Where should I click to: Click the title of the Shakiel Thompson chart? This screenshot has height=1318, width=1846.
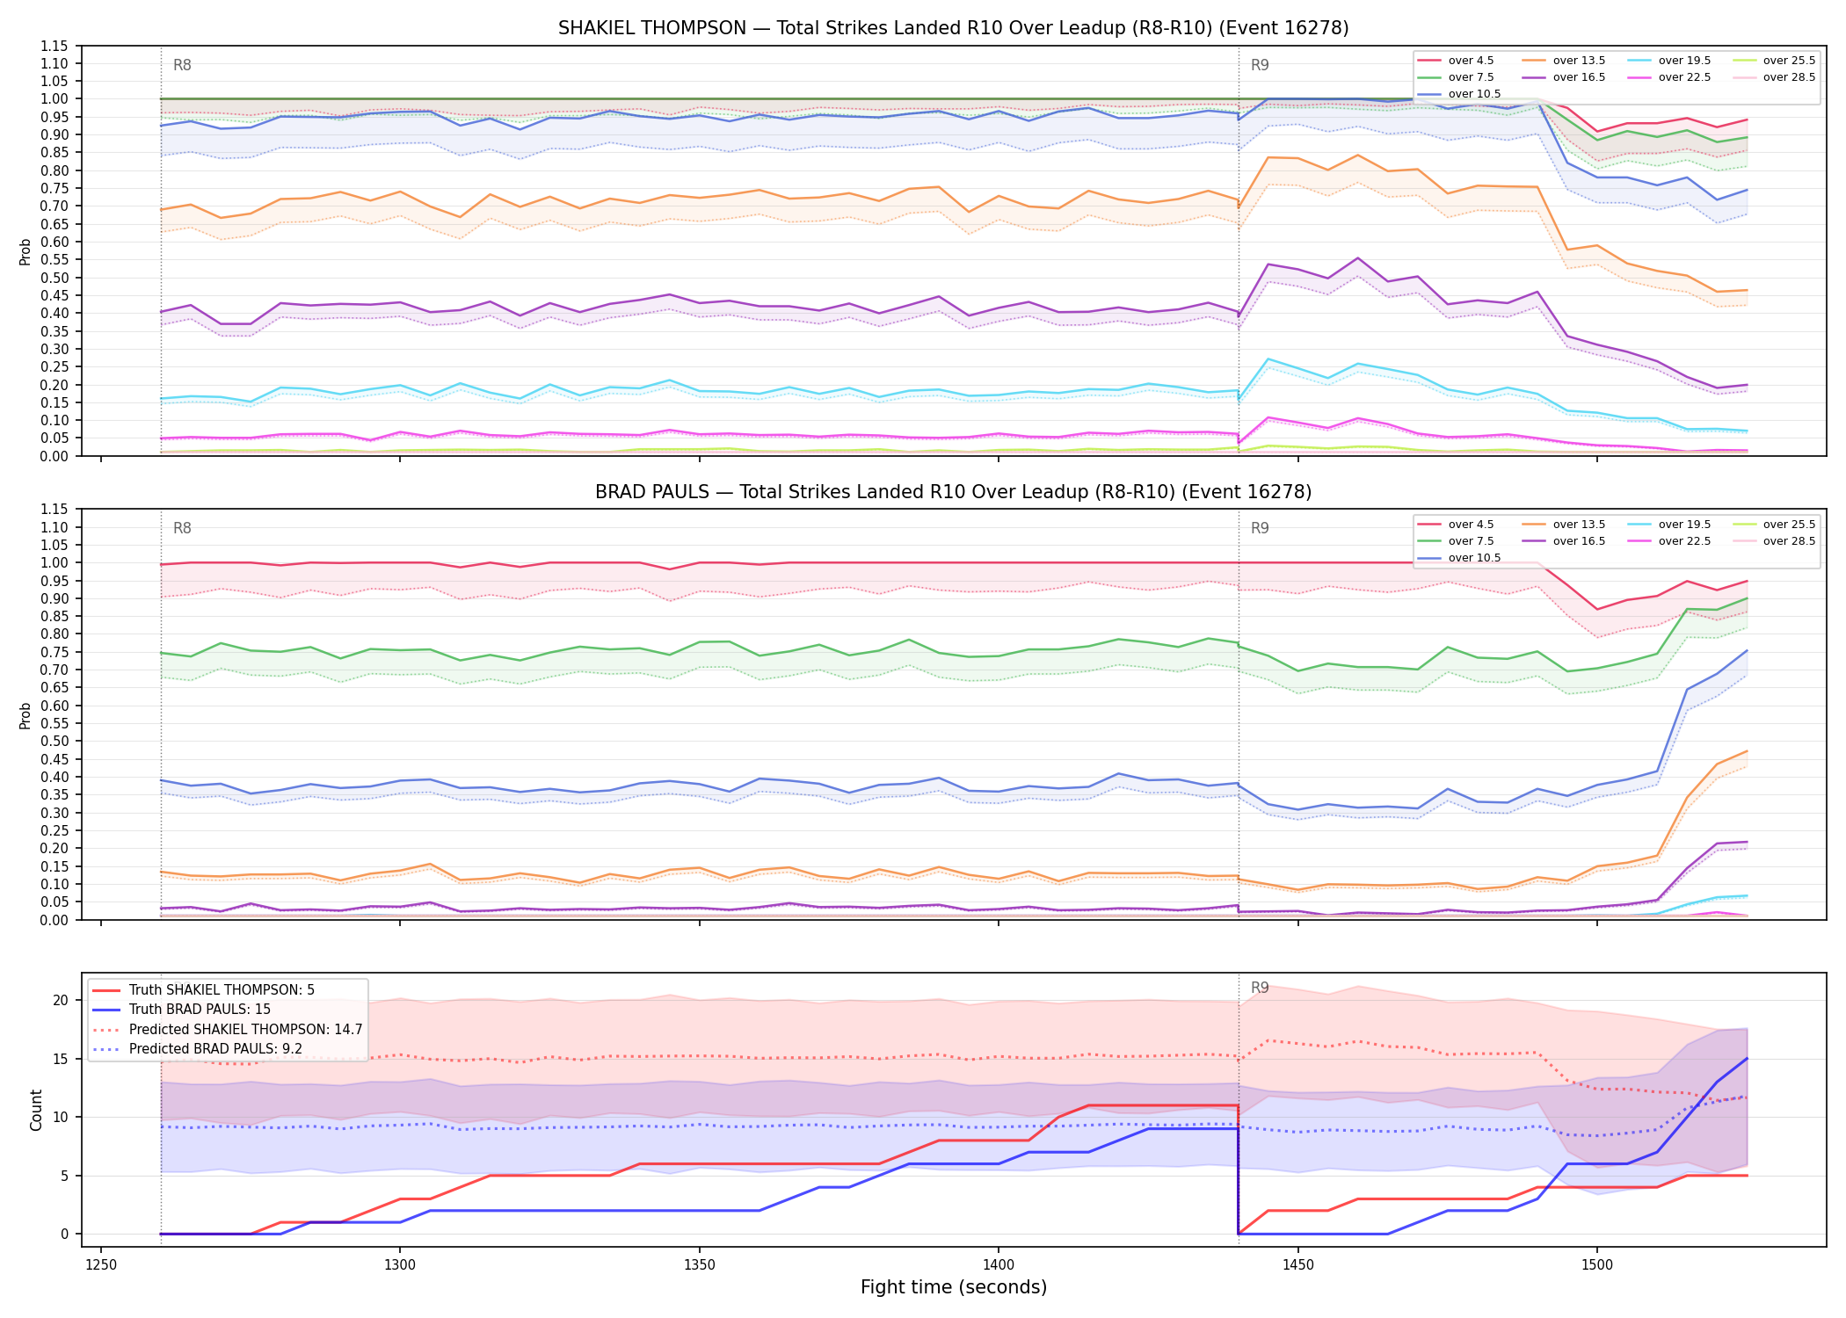(953, 28)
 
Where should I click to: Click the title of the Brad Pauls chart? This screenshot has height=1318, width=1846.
(953, 492)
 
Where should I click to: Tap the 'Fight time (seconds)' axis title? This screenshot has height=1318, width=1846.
(954, 1287)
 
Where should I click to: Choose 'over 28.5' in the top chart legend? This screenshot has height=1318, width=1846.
(1789, 77)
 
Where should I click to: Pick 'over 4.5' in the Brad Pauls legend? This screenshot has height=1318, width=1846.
(1471, 525)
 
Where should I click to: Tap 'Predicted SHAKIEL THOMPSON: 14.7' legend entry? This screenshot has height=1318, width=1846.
(245, 1029)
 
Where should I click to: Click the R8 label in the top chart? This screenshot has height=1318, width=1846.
(182, 65)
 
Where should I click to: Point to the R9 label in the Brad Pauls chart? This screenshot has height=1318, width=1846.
(1260, 528)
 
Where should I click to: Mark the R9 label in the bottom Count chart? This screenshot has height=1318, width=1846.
(1260, 988)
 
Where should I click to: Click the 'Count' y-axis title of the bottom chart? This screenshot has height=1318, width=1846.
(36, 1110)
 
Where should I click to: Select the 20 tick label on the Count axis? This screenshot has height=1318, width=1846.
(61, 1000)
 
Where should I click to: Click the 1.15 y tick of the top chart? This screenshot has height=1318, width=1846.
(55, 46)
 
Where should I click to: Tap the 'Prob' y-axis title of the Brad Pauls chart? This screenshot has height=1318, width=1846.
(25, 715)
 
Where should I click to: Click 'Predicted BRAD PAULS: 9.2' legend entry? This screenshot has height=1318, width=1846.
(215, 1048)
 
